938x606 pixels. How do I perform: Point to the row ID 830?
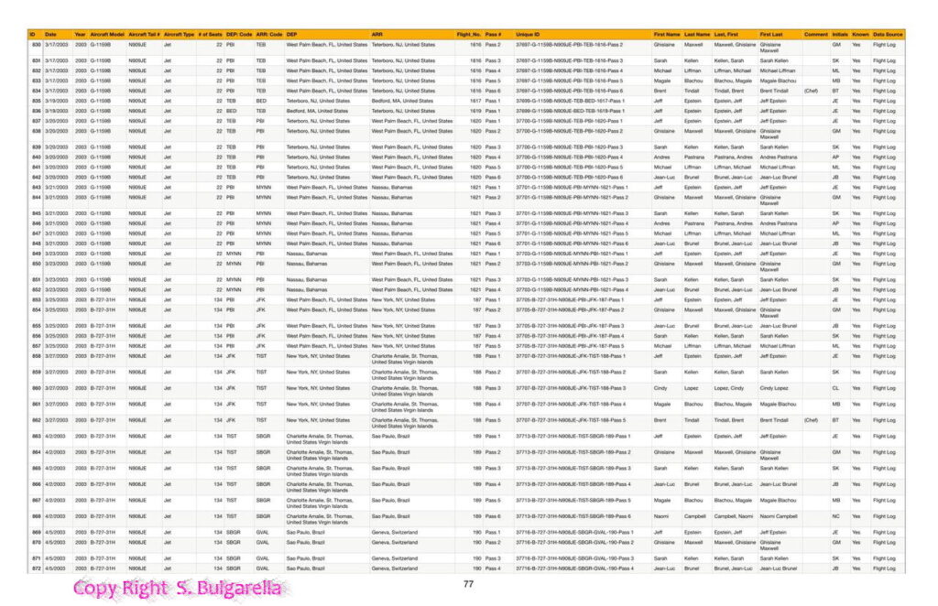pos(37,44)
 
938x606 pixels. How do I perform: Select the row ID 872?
pos(37,568)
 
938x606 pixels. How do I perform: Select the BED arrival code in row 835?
pos(261,101)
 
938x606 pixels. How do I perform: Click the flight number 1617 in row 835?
pos(475,101)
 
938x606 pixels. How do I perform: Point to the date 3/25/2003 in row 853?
pos(57,299)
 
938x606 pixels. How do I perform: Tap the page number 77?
pos(468,584)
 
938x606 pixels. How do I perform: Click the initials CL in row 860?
pos(835,388)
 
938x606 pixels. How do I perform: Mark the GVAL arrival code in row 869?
pos(263,532)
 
